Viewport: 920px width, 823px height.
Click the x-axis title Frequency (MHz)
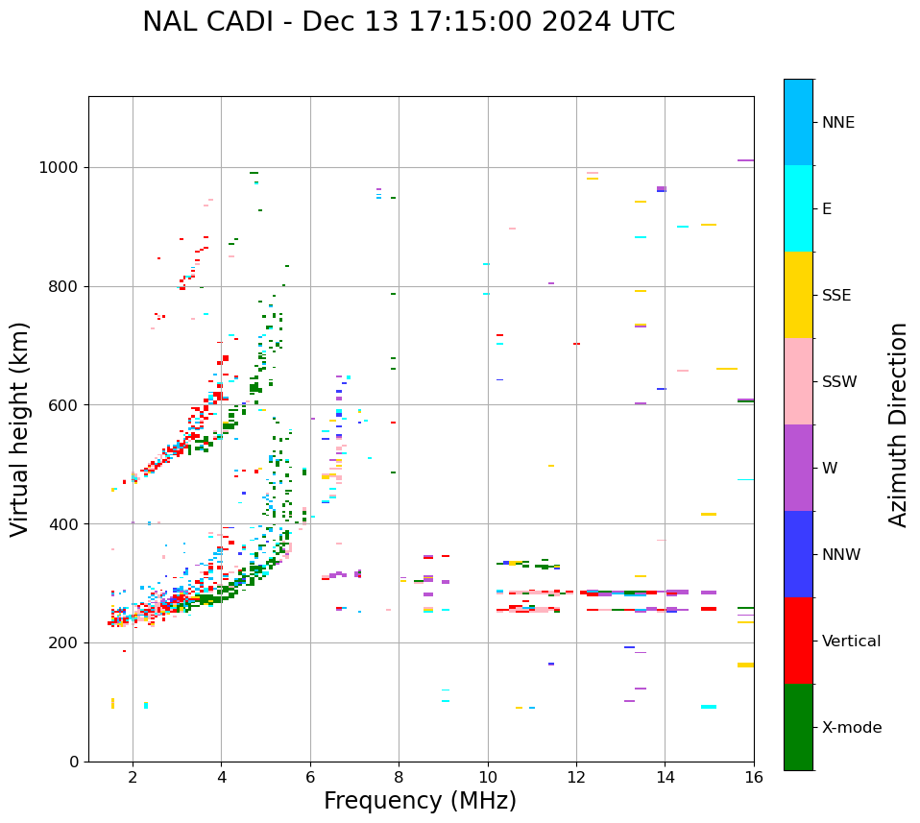[x=420, y=801]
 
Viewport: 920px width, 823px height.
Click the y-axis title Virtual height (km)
[x=20, y=428]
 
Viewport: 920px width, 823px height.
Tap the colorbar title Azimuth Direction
[x=898, y=424]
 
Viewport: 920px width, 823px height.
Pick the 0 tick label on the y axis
[x=74, y=762]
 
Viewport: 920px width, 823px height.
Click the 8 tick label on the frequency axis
[x=399, y=776]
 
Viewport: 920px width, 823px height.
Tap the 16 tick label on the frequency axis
[x=754, y=776]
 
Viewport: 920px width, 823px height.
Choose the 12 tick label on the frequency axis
[x=576, y=776]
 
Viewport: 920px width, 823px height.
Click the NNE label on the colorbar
[x=837, y=123]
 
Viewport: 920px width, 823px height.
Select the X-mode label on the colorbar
[x=851, y=728]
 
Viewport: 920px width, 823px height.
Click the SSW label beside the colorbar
[x=839, y=382]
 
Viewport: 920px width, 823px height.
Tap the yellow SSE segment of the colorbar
[x=798, y=295]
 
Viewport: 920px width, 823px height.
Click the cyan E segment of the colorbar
[x=798, y=208]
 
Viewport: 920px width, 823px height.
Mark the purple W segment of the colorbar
[x=798, y=468]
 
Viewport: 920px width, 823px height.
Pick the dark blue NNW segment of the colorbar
[x=798, y=554]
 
